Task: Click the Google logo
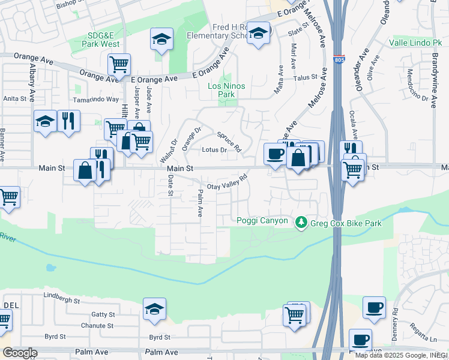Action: coord(19,353)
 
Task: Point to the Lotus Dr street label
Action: coord(214,150)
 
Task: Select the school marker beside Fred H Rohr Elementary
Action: coord(259,34)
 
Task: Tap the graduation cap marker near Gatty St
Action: coord(154,309)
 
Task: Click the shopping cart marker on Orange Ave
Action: coord(119,64)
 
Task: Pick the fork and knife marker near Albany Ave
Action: coord(68,122)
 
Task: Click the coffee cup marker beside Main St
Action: coord(275,154)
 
